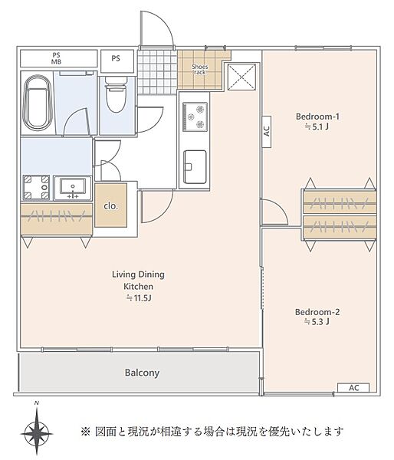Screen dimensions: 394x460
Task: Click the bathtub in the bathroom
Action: tap(38, 103)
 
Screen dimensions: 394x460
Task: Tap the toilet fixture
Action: tap(116, 94)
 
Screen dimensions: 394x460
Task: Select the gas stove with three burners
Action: tap(195, 117)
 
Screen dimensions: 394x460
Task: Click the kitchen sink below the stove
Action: tap(195, 166)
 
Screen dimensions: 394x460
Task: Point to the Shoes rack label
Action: tap(200, 69)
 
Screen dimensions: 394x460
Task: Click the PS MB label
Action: tap(56, 58)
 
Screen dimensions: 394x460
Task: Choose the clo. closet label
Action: tap(110, 206)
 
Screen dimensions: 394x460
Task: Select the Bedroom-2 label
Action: tap(317, 311)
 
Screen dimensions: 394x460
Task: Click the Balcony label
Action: tap(142, 373)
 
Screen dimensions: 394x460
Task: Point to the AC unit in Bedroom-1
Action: tap(267, 131)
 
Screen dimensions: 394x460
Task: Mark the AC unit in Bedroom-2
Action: tap(353, 387)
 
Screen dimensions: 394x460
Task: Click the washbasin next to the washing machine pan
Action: tap(73, 188)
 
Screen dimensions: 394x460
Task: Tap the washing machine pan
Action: tap(36, 188)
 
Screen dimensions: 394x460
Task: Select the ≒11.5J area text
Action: tap(139, 298)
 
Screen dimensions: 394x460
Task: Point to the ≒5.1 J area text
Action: tap(317, 127)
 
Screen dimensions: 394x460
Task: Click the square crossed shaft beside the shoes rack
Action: tap(241, 77)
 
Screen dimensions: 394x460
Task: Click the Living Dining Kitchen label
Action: tap(138, 280)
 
